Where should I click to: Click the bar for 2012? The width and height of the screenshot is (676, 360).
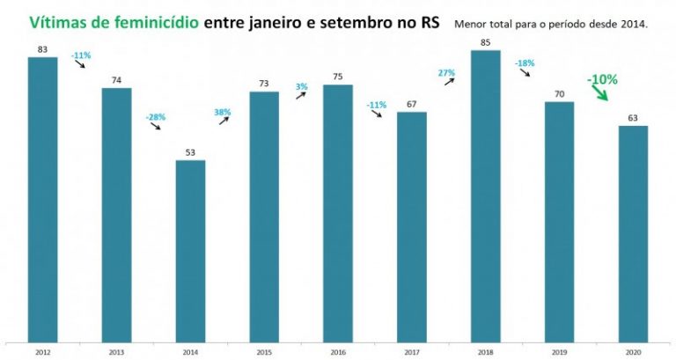42,199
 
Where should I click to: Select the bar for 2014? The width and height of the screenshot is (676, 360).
190,251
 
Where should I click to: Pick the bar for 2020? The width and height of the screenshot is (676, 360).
633,233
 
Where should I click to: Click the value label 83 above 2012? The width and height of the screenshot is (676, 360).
42,48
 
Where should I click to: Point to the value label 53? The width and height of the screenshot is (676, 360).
190,151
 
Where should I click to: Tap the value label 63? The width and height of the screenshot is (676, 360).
633,117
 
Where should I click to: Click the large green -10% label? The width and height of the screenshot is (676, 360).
603,79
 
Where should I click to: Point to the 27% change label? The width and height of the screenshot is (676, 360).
446,72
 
